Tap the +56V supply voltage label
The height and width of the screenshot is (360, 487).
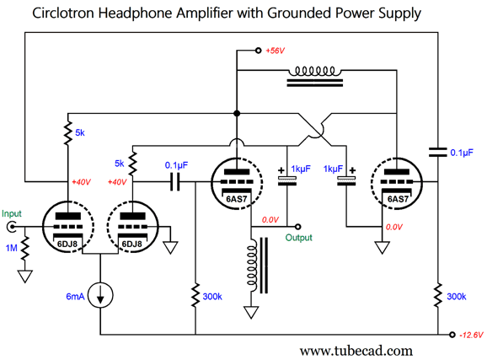point(276,51)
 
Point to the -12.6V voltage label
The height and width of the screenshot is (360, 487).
point(469,335)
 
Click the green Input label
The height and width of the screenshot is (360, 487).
point(13,213)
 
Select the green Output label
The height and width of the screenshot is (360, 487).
point(298,238)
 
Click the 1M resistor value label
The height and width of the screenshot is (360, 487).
point(10,247)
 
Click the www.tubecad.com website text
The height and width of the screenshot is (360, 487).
point(356,350)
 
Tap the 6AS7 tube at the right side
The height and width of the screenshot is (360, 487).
point(397,181)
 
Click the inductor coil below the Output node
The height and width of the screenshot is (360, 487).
point(251,266)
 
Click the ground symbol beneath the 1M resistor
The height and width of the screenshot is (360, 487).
point(27,276)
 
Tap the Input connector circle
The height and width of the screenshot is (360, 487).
point(13,227)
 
